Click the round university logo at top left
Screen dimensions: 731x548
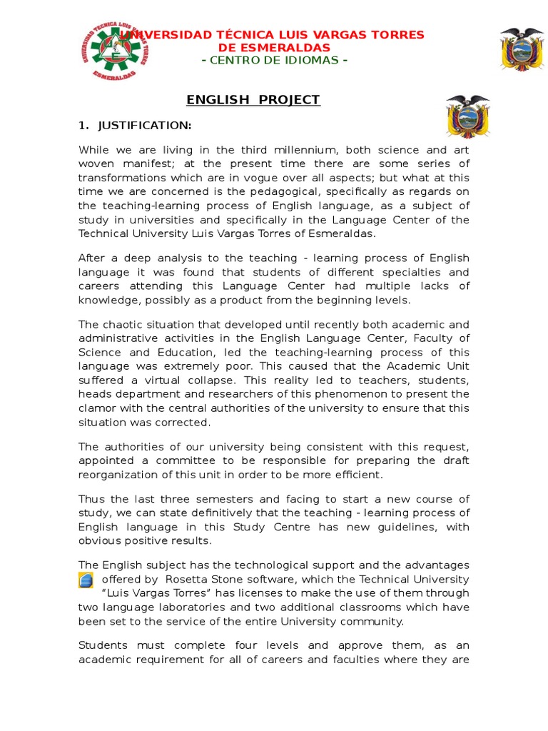point(113,51)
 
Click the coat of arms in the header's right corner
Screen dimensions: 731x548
point(522,49)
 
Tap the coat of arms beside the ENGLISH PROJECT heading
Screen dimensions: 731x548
point(467,116)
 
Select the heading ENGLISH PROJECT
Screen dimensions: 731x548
point(253,100)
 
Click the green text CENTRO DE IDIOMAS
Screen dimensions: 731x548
point(275,60)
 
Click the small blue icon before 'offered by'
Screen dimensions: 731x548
point(86,580)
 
